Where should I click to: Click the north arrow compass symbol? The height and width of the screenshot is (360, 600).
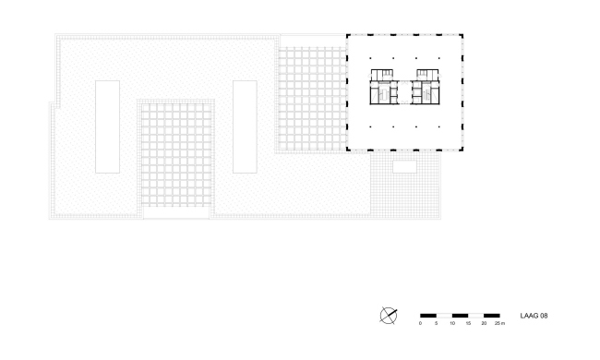click(x=389, y=315)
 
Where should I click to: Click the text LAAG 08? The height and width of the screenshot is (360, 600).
click(x=534, y=315)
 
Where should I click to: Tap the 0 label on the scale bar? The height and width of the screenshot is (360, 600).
click(x=420, y=324)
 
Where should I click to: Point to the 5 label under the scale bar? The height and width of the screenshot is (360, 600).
click(x=437, y=324)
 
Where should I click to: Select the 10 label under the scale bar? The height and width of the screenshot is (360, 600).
click(x=452, y=324)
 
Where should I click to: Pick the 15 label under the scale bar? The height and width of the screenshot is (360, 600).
click(x=468, y=324)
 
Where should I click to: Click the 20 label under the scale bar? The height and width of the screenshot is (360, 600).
click(x=484, y=324)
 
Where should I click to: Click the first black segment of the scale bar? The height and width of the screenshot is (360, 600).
click(x=428, y=315)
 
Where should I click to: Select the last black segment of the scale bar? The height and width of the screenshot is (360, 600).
click(x=492, y=315)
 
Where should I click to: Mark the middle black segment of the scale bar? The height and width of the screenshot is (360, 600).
click(x=460, y=315)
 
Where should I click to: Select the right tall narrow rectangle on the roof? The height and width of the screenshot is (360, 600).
click(x=244, y=126)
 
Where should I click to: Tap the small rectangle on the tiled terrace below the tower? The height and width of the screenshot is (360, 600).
click(x=403, y=167)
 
